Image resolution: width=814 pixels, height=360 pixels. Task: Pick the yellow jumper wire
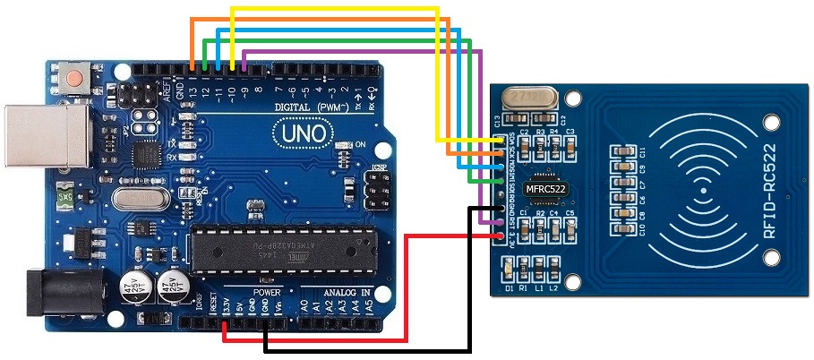(x=336, y=8)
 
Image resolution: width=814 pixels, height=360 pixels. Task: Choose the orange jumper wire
(x=313, y=19)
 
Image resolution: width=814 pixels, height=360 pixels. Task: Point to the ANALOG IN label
(x=347, y=293)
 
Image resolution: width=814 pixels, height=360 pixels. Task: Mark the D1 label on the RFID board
(x=509, y=287)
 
